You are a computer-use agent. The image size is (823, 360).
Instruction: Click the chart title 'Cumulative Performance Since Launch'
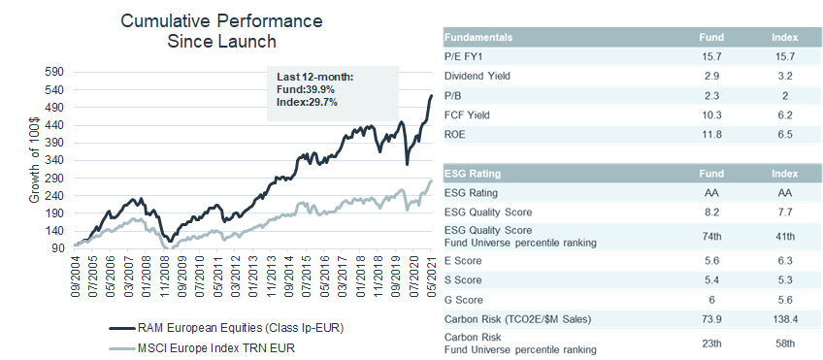221,31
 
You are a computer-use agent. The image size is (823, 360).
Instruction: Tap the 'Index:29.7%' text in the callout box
300,102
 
